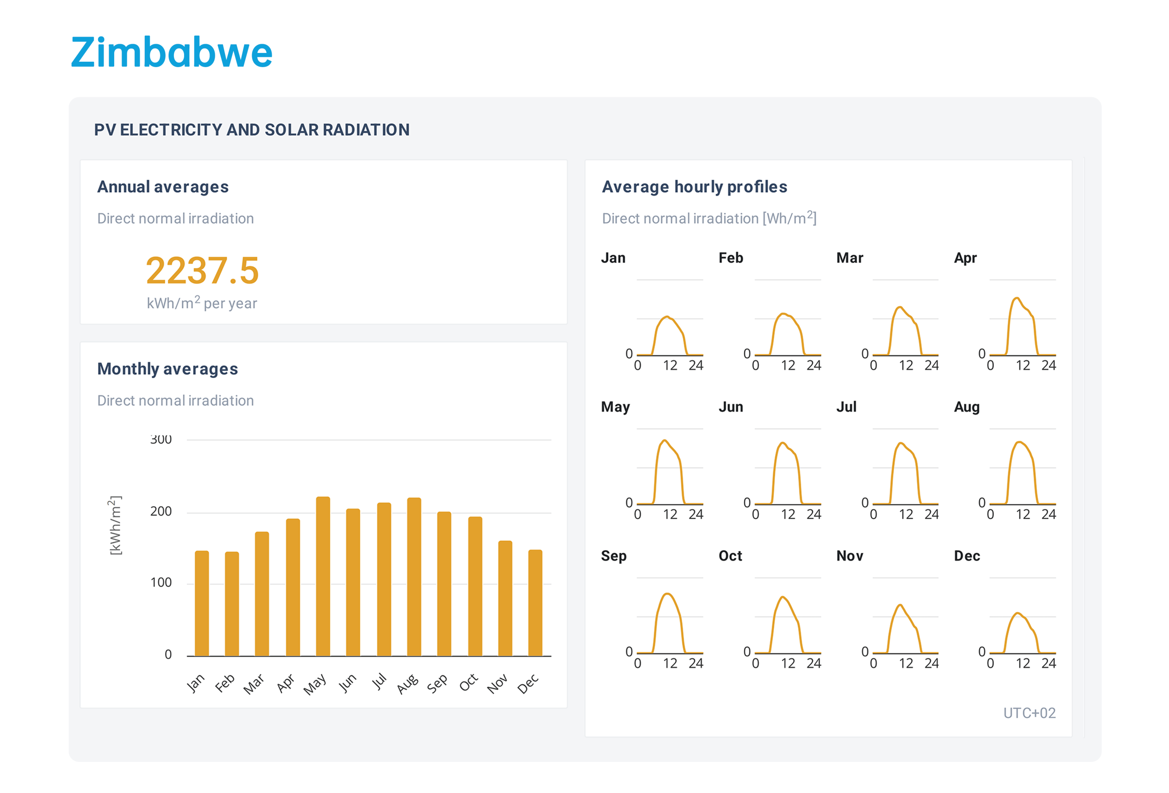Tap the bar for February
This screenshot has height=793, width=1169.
[x=232, y=603]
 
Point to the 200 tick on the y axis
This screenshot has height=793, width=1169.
[x=161, y=511]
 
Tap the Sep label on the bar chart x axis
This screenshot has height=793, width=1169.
[x=437, y=683]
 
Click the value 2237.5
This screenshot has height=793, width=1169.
[x=202, y=271]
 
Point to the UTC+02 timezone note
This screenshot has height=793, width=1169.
[x=1029, y=713]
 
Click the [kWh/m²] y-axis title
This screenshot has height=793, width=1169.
[x=115, y=525]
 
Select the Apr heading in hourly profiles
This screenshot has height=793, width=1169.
[x=965, y=258]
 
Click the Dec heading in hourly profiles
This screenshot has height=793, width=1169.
[x=967, y=555]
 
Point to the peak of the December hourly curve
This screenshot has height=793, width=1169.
[x=1017, y=613]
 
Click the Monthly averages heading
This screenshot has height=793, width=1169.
[x=168, y=369]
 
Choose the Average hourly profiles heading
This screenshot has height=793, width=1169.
[x=694, y=187]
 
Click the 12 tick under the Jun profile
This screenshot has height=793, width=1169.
[x=788, y=514]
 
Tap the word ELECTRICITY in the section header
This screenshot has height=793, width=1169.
[x=171, y=130]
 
